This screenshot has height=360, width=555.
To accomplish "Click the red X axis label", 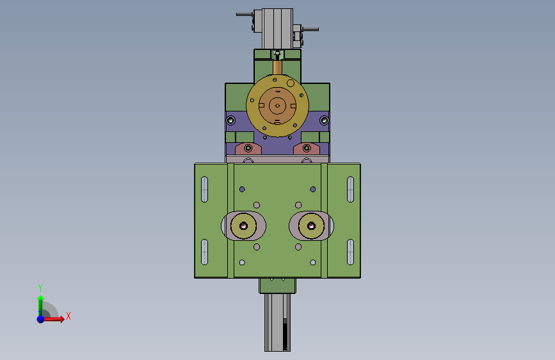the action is click(x=68, y=316).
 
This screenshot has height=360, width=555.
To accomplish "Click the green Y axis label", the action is click(x=40, y=288).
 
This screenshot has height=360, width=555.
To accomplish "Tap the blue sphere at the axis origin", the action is click(x=41, y=319).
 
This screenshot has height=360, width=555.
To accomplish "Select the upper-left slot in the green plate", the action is click(x=204, y=189).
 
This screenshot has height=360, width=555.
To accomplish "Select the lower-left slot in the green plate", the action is click(x=204, y=252).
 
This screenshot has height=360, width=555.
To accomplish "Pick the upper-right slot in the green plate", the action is click(x=350, y=189).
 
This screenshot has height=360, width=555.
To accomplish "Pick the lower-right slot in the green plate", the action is click(x=350, y=252).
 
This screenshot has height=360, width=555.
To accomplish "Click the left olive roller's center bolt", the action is click(x=243, y=225).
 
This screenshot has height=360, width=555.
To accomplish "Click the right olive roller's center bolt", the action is click(x=312, y=225).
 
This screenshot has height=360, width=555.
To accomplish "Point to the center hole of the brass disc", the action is click(x=278, y=106).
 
